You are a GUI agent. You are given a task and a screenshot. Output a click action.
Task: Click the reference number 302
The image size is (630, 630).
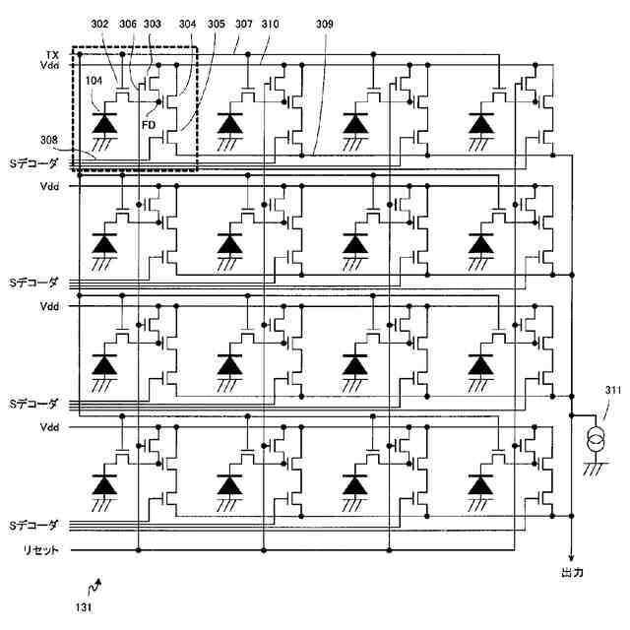(x=99, y=24)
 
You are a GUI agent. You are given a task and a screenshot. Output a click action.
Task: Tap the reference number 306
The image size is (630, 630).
(x=128, y=24)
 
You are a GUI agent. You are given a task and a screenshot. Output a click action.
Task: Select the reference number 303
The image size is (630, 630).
(x=153, y=24)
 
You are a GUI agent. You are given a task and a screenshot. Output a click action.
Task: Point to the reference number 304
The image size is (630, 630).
(x=187, y=24)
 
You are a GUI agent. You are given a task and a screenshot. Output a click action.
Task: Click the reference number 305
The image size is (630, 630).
(x=217, y=24)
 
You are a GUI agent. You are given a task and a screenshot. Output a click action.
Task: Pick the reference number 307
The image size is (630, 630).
(x=244, y=24)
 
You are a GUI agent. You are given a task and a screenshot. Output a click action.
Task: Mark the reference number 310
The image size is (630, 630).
(x=270, y=24)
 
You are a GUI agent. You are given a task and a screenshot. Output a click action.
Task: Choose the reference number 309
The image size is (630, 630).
(x=324, y=24)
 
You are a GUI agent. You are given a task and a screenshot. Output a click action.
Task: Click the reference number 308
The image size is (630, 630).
(x=49, y=140)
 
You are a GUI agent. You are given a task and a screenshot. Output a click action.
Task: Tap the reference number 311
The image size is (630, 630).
(x=612, y=390)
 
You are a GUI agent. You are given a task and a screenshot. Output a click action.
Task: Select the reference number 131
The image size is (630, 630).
(x=84, y=607)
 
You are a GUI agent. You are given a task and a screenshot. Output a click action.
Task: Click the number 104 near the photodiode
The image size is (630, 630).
(x=94, y=81)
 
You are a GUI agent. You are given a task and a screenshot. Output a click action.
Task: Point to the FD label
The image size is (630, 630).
(x=149, y=125)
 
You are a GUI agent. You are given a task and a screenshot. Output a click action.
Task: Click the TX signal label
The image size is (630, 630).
(x=52, y=55)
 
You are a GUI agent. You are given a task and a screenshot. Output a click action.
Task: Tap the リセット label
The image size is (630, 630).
(x=41, y=549)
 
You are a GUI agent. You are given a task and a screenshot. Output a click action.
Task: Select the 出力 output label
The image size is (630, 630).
(x=572, y=573)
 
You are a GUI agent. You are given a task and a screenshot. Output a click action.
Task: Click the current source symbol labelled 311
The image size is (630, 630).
(x=596, y=440)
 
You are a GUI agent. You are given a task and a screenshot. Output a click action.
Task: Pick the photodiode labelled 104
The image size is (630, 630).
(x=104, y=123)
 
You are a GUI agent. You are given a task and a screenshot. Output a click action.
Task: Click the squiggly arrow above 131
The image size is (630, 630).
(x=94, y=588)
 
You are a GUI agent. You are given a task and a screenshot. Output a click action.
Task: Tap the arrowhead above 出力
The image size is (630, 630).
(x=571, y=558)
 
